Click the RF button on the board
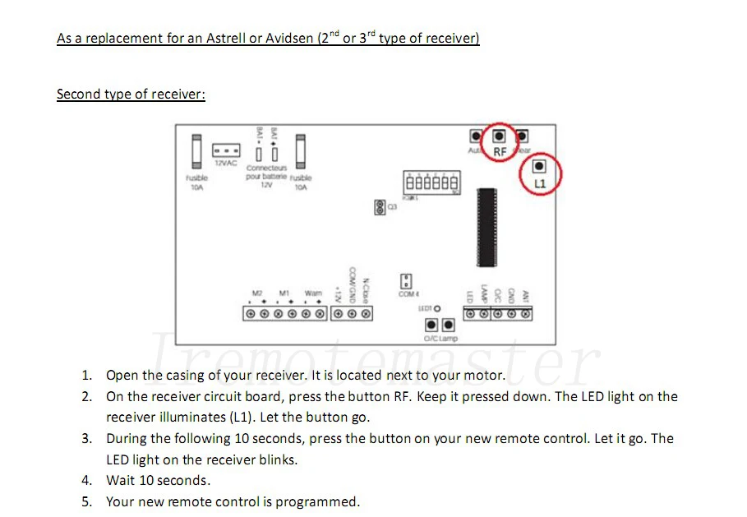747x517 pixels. click(x=498, y=136)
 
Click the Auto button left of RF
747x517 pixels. click(x=476, y=136)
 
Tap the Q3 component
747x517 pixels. click(x=380, y=207)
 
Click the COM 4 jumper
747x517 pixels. click(x=406, y=281)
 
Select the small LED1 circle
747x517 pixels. click(x=438, y=308)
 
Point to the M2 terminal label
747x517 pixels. click(x=257, y=293)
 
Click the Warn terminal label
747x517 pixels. click(x=313, y=293)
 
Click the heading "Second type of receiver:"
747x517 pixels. click(x=131, y=94)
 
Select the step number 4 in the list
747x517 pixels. click(x=86, y=480)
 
